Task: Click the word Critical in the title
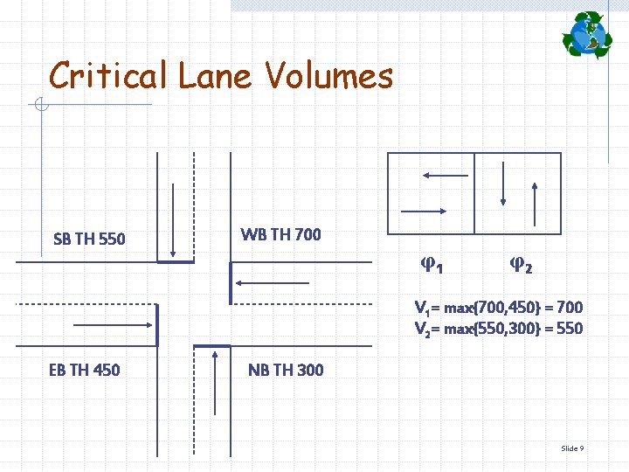[107, 77]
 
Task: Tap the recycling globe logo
[587, 35]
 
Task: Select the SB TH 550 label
[89, 239]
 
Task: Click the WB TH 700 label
[280, 234]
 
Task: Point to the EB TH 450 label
[84, 370]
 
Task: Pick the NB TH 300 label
[286, 370]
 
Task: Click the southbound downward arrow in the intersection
[174, 219]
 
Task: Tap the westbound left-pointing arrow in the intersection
[273, 283]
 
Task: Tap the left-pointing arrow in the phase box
[446, 175]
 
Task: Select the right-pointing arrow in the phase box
[423, 211]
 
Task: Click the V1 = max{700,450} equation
[498, 308]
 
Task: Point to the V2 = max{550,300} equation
[498, 329]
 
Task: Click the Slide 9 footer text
[572, 448]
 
